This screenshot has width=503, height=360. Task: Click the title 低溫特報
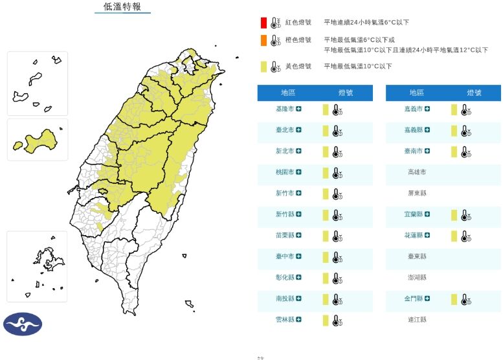122,7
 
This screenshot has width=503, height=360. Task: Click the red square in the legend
264,23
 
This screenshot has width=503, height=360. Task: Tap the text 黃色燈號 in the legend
298,66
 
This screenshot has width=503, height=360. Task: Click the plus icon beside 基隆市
299,109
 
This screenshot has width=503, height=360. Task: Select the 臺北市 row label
285,130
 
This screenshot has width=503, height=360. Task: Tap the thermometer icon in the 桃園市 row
337,173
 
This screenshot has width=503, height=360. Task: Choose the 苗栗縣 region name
285,236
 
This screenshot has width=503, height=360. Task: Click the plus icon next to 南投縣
299,298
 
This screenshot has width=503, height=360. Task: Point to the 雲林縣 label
285,320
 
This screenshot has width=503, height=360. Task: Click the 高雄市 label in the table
417,172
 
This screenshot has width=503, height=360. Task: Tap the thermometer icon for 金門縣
465,299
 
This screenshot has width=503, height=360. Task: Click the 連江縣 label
417,320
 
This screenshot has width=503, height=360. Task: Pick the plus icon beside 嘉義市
428,109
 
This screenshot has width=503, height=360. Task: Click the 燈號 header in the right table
473,93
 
